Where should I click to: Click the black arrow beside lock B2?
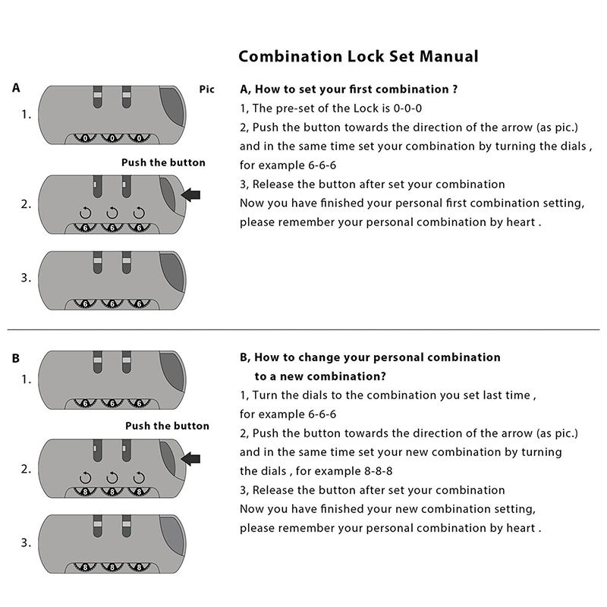coord(191,458)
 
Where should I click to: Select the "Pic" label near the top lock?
coord(207,90)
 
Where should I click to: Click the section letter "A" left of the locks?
coord(17,88)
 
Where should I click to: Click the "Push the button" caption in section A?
coord(163,162)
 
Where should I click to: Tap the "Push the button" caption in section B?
coord(167,426)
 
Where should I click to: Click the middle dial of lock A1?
coord(112,139)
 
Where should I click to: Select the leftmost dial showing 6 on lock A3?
coord(85,303)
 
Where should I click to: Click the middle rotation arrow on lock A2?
coord(112,213)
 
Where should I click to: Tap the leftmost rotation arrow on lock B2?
coord(86,477)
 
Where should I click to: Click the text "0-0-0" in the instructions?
coord(407,109)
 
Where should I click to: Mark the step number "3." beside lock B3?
coord(26,543)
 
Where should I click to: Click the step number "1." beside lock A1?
coord(26,115)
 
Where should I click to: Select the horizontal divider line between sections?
coord(303,330)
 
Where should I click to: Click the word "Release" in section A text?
coord(275,184)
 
